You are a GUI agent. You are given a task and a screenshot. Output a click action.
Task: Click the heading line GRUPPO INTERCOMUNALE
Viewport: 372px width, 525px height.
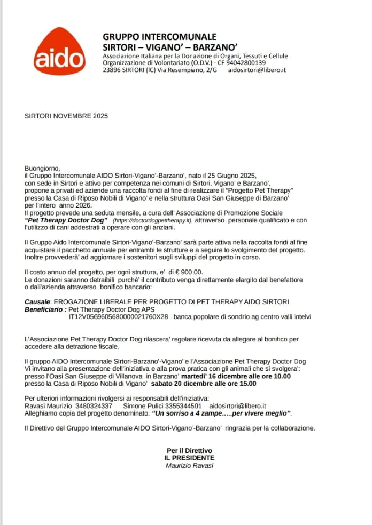pos(159,37)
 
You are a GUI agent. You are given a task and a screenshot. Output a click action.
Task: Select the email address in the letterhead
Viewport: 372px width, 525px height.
pos(257,70)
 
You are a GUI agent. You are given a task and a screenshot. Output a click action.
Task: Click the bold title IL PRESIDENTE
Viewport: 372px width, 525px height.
pos(189,458)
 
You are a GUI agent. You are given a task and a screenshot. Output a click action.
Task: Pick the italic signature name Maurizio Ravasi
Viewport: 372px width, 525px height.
pos(189,465)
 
